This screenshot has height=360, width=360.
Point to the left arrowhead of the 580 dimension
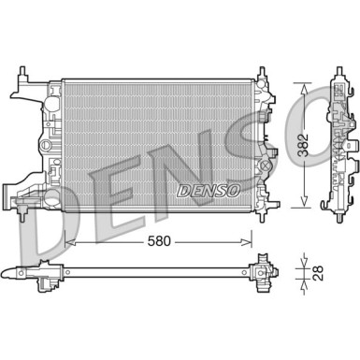coord(72,241)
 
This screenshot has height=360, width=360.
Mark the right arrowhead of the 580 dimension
coord(252,241)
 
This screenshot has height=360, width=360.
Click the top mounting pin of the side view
coord(336,70)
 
